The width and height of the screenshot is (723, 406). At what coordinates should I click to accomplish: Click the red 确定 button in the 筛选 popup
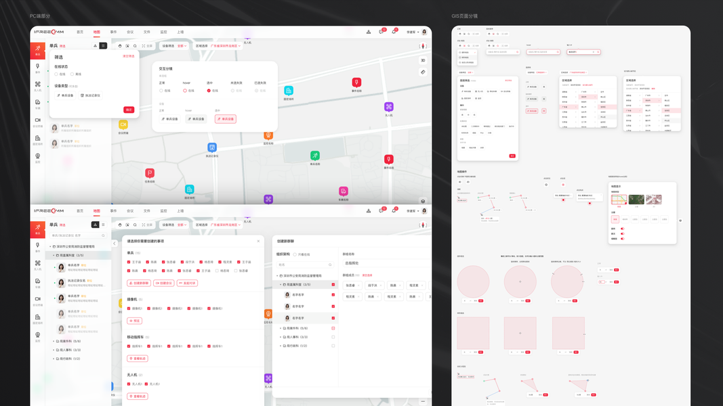click(x=129, y=110)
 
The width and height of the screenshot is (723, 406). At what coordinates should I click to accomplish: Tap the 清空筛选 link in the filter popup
click(x=128, y=56)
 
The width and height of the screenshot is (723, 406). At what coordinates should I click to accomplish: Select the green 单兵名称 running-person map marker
click(x=314, y=156)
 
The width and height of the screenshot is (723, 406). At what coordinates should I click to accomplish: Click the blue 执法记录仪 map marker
click(x=212, y=148)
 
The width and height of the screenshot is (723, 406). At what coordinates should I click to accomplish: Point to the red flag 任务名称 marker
click(x=150, y=173)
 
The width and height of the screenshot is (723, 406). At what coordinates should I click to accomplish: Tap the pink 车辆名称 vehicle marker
click(x=344, y=191)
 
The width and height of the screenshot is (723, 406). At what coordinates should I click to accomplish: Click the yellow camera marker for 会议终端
click(x=123, y=125)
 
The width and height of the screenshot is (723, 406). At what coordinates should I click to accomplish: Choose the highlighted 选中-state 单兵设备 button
click(x=225, y=119)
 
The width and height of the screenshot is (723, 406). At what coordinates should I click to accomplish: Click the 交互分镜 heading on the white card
click(x=166, y=68)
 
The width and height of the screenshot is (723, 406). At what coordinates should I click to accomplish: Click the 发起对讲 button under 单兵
click(x=187, y=283)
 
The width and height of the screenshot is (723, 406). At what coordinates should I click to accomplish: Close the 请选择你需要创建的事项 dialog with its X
click(x=258, y=241)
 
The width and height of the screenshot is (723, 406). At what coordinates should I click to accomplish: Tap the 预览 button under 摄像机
click(x=135, y=321)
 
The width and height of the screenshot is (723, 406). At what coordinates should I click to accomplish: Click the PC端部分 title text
click(x=40, y=16)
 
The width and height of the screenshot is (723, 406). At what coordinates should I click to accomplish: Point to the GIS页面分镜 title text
click(x=465, y=16)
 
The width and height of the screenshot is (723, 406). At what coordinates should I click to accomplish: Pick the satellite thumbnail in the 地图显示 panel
click(x=636, y=200)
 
